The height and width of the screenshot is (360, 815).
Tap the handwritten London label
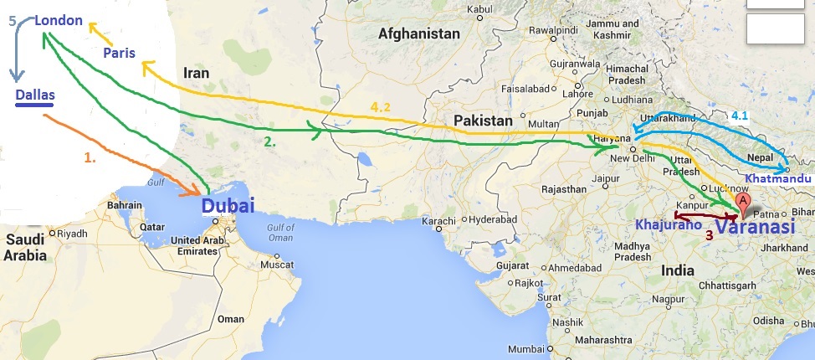59,19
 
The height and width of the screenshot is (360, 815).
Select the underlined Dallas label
35,95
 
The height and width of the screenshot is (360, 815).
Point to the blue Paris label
120,53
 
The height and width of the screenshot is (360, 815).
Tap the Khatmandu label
779,179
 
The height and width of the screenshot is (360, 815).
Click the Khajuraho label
666,225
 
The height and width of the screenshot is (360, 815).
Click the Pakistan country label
483,121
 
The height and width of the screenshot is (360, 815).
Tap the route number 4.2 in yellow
381,107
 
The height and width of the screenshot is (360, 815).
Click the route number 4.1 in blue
741,114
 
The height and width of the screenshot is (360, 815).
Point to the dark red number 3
709,235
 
